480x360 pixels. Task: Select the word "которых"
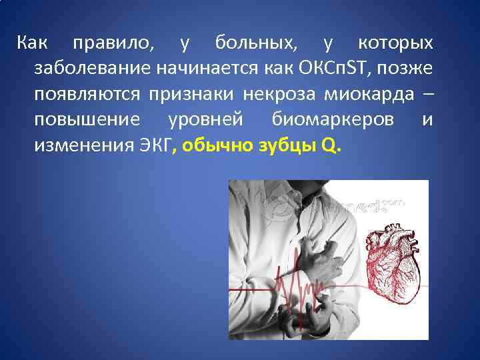coord(395,44)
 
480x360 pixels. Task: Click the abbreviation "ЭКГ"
coord(155,145)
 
